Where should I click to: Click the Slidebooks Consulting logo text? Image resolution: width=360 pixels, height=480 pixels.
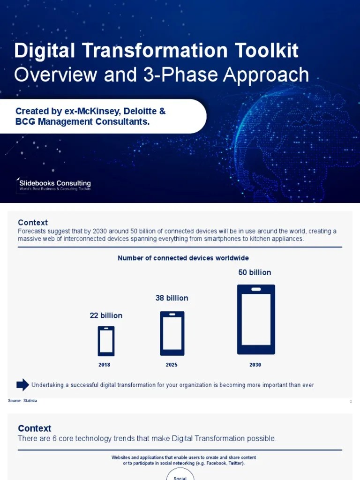pyautogui.click(x=55, y=183)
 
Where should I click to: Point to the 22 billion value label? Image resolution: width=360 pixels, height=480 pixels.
pyautogui.click(x=106, y=315)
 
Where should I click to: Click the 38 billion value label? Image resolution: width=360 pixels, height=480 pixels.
pyautogui.click(x=172, y=298)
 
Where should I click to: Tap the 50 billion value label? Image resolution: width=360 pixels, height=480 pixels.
pyautogui.click(x=255, y=272)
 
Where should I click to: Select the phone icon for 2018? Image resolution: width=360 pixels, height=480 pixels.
pyautogui.click(x=106, y=341)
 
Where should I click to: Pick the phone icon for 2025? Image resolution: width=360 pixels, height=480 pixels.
pyautogui.click(x=172, y=333)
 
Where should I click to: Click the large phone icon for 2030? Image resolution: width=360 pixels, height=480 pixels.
pyautogui.click(x=256, y=319)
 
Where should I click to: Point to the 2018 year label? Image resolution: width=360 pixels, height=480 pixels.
pyautogui.click(x=105, y=365)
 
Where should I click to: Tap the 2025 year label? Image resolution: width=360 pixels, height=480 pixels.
pyautogui.click(x=172, y=365)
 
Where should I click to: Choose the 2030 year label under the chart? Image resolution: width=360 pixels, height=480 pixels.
pyautogui.click(x=255, y=365)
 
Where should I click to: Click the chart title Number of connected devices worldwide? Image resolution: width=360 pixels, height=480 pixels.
pyautogui.click(x=183, y=258)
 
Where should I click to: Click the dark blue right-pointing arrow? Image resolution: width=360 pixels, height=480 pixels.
pyautogui.click(x=22, y=385)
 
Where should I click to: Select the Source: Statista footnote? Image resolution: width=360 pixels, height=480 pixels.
pyautogui.click(x=22, y=401)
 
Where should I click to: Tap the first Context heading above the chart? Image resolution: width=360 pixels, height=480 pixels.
pyautogui.click(x=33, y=223)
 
